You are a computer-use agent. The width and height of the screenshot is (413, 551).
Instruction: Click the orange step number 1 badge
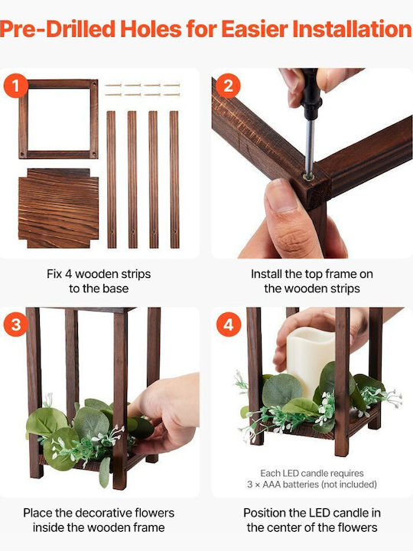16,86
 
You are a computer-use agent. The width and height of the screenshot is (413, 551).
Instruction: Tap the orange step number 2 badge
228,86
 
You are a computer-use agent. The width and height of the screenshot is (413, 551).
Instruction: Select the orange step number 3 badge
16,324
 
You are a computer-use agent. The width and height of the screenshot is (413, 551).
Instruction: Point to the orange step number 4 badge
228,324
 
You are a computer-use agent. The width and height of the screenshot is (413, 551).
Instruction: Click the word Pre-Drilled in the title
58,29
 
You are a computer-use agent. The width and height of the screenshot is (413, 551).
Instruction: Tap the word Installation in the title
353,29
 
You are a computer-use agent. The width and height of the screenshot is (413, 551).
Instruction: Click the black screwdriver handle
311,93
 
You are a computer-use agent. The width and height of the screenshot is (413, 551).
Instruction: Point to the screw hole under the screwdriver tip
309,176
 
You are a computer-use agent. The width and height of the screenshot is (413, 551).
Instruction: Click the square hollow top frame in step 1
24,119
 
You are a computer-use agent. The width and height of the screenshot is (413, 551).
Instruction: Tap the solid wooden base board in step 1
58,208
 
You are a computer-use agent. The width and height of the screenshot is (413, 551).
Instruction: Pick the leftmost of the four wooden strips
112,180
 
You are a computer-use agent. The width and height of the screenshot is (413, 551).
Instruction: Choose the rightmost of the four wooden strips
174,180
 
